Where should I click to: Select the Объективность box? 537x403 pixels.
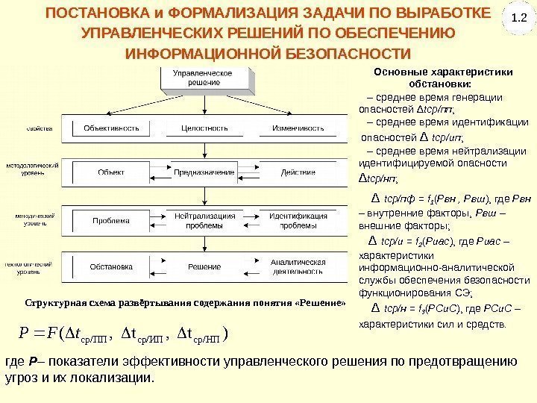coord(111,128)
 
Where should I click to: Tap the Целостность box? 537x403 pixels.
coord(204,128)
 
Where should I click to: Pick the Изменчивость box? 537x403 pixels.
coord(298,128)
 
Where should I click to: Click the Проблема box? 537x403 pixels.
coord(111,221)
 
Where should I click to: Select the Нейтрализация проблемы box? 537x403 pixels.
coord(204,221)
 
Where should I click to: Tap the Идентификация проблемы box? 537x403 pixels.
coord(298,221)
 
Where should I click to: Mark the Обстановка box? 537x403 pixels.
coord(111,266)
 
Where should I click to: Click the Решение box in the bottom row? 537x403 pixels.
coord(204,266)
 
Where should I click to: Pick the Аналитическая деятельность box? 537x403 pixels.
coord(298,266)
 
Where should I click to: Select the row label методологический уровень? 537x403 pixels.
coord(30,168)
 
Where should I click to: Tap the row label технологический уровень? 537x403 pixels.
coord(30,267)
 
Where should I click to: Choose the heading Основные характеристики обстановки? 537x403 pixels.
coord(443,78)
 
